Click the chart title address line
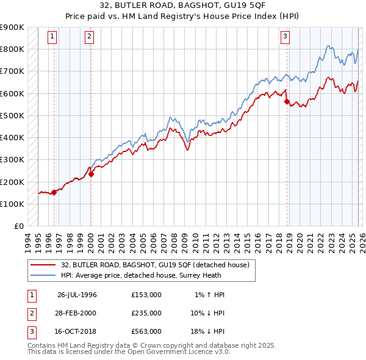coord(182,6)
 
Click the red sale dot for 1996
coord(54,192)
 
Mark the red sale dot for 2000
coord(91,174)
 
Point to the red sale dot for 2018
coord(287,102)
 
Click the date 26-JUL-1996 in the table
coord(77,295)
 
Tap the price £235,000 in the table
coord(146,313)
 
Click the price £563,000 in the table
coord(146,331)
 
